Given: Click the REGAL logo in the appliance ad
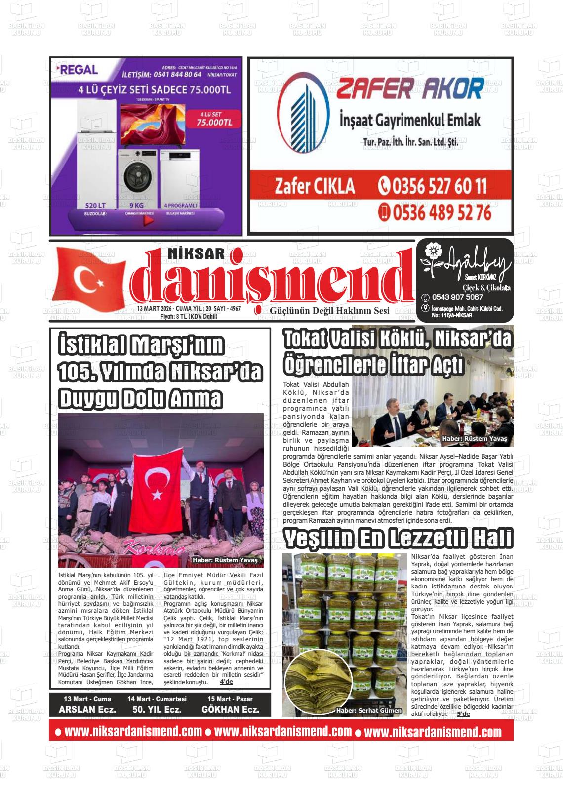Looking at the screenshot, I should (x=79, y=70).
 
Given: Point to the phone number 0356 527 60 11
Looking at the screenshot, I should (x=433, y=186).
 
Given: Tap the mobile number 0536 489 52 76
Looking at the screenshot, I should (x=435, y=212).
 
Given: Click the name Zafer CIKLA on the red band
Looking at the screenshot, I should (x=315, y=186).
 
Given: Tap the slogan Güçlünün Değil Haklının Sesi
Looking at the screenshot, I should (x=329, y=310).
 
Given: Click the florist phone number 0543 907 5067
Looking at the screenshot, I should (x=457, y=297).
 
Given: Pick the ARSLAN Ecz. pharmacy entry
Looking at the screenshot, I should (x=87, y=710).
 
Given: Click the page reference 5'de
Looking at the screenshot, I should (x=463, y=714).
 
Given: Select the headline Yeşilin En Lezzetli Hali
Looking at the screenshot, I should (x=398, y=538).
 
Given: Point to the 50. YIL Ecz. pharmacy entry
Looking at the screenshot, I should (x=157, y=710).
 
